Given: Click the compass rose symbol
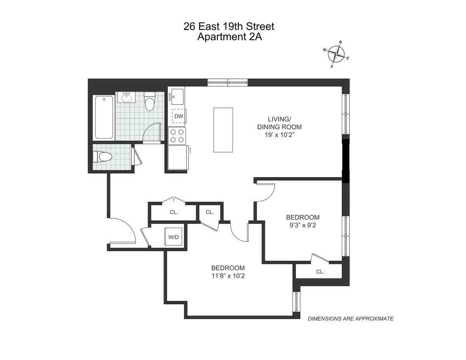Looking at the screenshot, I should pos(336,54).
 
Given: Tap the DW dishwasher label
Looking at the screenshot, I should pos(178,116).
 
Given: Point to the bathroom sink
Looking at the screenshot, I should pos(127,97).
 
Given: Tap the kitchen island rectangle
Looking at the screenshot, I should pos(223,130).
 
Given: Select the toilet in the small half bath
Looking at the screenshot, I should pos(102,157).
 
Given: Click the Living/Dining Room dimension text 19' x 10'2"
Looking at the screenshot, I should pos(279,136).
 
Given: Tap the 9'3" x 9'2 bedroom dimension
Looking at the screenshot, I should pos(303,226).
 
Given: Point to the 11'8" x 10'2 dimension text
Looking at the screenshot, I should pos(228,276).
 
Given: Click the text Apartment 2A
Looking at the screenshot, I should pos(229,37).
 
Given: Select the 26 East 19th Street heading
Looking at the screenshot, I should pos(229,26).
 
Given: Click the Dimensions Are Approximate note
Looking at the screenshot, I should pos(350,318).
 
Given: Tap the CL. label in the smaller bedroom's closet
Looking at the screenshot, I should pos(320,272).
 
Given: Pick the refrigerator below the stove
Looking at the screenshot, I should pos(177,157).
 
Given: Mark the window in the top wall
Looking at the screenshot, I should pos(227,82).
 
